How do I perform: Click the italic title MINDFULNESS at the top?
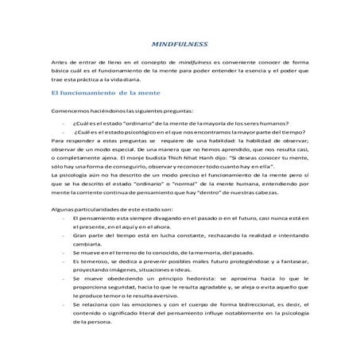179,47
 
